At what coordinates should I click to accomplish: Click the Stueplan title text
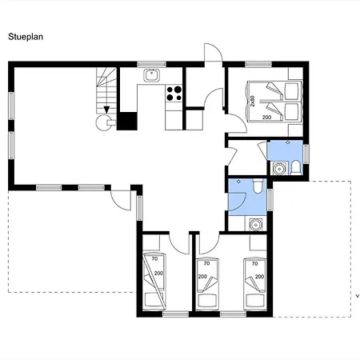point(26,37)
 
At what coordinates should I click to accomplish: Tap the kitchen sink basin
point(152,75)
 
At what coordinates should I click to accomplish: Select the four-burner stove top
point(174,93)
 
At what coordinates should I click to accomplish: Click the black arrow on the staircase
point(106,110)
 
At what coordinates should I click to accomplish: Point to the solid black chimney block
point(127,121)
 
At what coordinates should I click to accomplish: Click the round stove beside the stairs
point(103,122)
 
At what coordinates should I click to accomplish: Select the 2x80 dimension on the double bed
point(253,102)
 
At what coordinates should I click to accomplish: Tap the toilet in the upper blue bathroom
point(295,168)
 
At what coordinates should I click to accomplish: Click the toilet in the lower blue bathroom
point(258,186)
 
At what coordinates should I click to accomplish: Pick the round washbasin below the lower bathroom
point(256,224)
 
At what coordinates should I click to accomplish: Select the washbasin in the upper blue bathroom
point(279,169)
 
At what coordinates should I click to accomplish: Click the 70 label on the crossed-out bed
point(154,258)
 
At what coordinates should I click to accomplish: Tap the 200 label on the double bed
point(266,117)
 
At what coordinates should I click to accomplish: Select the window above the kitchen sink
point(152,64)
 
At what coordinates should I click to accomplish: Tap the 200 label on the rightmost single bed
point(259,277)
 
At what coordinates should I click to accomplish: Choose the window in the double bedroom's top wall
point(258,64)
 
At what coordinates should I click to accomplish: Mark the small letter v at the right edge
point(358,296)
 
